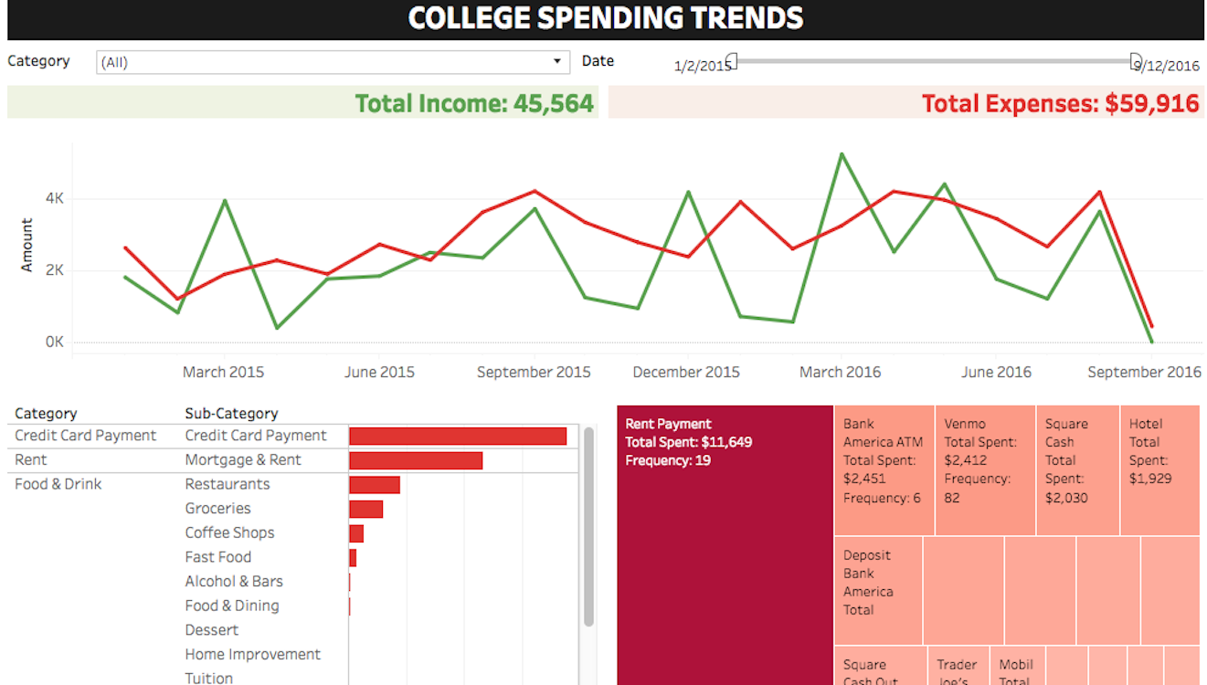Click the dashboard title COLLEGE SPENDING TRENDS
605,17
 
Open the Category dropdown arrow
557,62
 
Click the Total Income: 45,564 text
474,103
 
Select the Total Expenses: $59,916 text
1060,103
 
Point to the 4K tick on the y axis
55,198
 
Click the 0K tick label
55,342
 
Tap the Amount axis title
26,245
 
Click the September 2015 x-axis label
534,372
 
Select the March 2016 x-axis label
841,372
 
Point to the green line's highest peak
842,154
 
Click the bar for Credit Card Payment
458,437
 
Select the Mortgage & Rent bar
416,460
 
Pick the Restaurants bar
375,485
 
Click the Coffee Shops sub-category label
229,532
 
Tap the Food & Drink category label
58,484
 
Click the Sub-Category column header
231,414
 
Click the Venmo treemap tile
985,470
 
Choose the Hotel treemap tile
1159,470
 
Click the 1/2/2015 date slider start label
702,66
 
